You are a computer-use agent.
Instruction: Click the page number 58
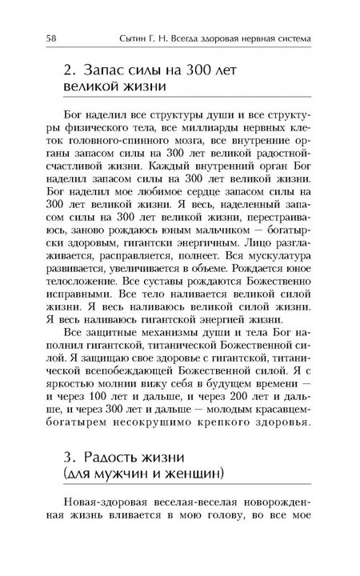tap(50, 38)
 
